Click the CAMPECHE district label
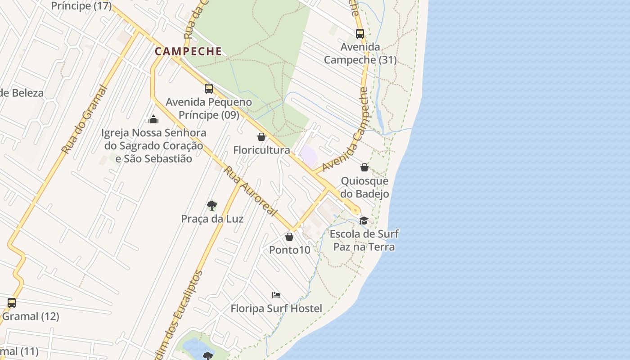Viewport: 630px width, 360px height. (x=189, y=51)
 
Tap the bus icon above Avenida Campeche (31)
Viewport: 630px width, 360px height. (x=360, y=33)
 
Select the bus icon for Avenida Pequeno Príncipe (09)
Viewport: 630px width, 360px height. (x=208, y=88)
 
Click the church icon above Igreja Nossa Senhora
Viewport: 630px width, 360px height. (x=153, y=119)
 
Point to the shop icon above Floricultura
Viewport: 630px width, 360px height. (x=261, y=137)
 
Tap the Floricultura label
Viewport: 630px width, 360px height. (x=261, y=150)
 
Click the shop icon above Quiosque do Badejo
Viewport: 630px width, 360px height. (x=364, y=168)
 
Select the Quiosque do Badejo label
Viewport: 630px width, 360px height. (x=364, y=187)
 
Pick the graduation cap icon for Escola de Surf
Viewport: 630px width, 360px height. (x=364, y=220)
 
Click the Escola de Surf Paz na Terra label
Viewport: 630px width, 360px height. (x=364, y=240)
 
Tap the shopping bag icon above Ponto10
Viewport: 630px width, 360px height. (x=289, y=237)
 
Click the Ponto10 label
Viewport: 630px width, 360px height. (x=290, y=250)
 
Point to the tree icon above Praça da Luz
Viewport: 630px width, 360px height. (x=212, y=206)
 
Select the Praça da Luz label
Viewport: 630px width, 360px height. (x=212, y=219)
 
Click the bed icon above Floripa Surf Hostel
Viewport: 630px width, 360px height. (x=276, y=295)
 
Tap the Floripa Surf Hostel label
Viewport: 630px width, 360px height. (x=276, y=309)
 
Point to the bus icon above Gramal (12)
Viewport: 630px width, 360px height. (x=12, y=303)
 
